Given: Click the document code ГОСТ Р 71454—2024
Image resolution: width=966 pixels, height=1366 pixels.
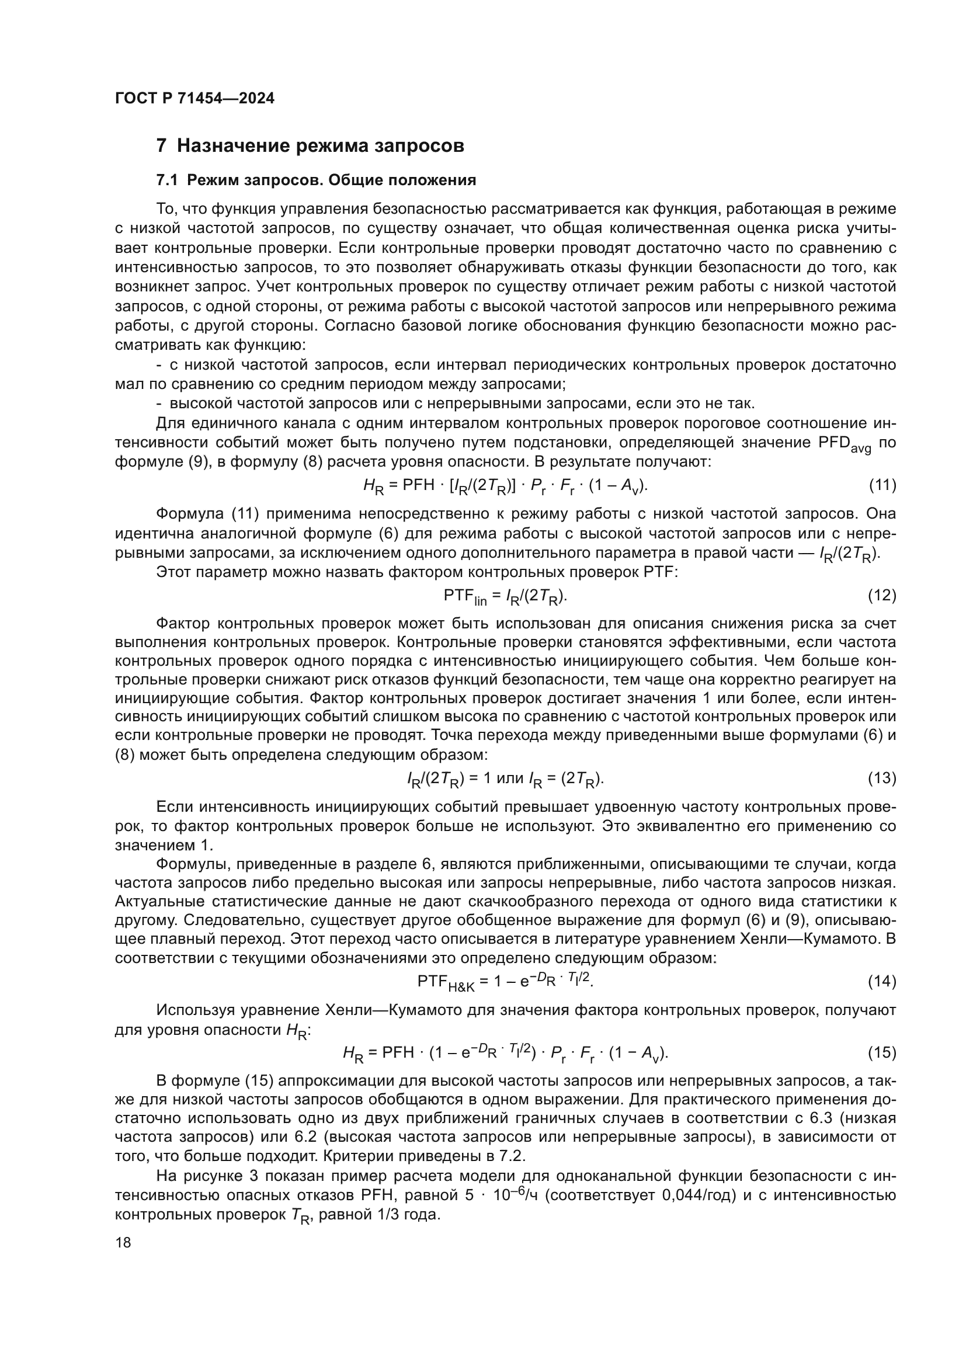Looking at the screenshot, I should pos(194,99).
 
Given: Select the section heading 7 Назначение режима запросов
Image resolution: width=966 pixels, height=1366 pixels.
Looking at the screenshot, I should pos(310,146).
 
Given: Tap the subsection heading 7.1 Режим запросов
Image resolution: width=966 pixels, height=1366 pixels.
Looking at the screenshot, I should pos(316,180).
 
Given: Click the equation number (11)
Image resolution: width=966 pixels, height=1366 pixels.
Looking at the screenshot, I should pos(882,485).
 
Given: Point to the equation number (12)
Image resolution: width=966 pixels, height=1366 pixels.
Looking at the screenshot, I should pos(882,595).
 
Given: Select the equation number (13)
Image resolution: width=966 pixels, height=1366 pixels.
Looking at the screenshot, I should pos(882,777).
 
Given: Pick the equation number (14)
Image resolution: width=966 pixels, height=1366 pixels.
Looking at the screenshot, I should pos(882,981).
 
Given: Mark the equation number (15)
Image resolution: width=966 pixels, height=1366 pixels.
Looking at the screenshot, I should pos(882,1052).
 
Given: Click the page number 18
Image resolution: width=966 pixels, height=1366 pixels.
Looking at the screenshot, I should pos(123,1242).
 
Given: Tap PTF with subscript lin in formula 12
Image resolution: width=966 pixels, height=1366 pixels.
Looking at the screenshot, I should pos(464,596).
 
